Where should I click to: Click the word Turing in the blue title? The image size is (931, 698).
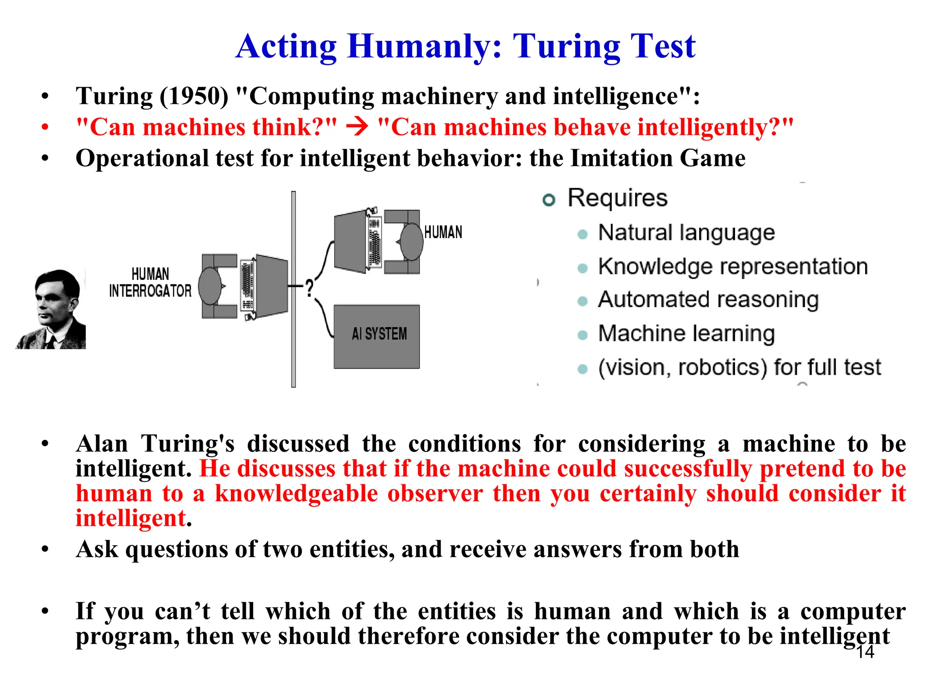(x=566, y=46)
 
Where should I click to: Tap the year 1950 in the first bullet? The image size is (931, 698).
(x=194, y=96)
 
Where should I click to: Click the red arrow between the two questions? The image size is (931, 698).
(x=357, y=127)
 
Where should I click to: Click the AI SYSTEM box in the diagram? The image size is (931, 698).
(x=376, y=336)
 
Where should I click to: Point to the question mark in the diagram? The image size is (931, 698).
(x=309, y=288)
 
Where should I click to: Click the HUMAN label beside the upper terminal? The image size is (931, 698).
(x=443, y=232)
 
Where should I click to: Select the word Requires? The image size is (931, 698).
(x=617, y=198)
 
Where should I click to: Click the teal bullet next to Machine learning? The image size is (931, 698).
(x=582, y=335)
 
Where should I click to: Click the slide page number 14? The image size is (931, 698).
(x=865, y=652)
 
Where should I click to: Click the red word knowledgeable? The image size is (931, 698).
(x=296, y=494)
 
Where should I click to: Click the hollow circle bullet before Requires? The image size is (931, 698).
(x=549, y=199)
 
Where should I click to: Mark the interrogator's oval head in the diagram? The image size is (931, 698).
(x=210, y=286)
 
